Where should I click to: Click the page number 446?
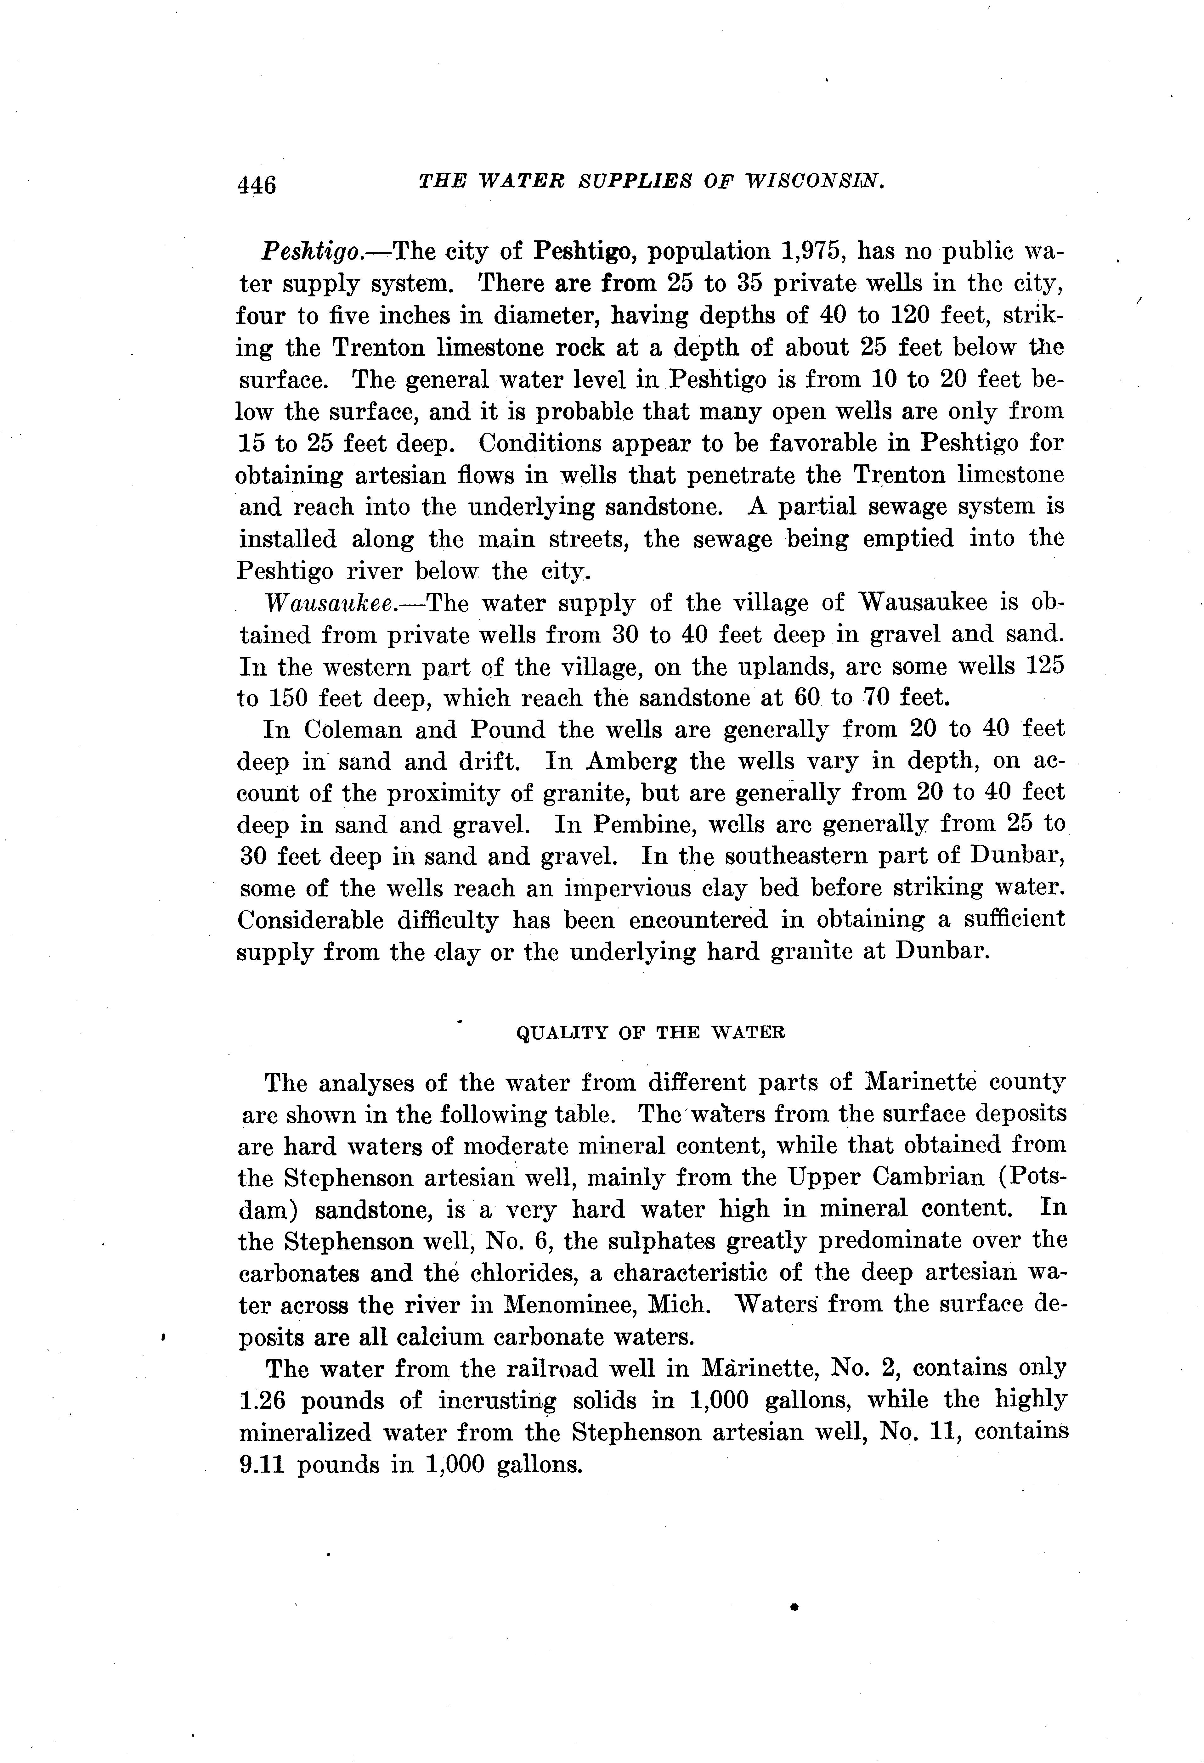257,184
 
